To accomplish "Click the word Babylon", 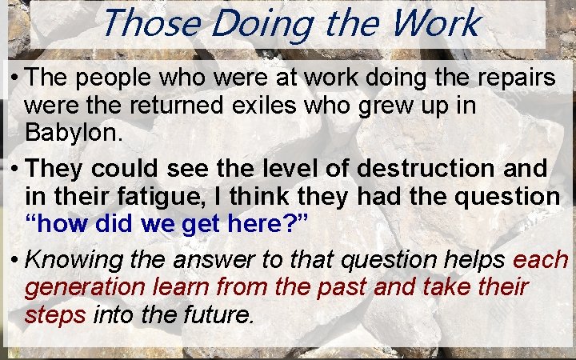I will pyautogui.click(x=74, y=132).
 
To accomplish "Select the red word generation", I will pyautogui.click(x=81, y=286).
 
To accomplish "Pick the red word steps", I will pyautogui.click(x=55, y=313).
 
